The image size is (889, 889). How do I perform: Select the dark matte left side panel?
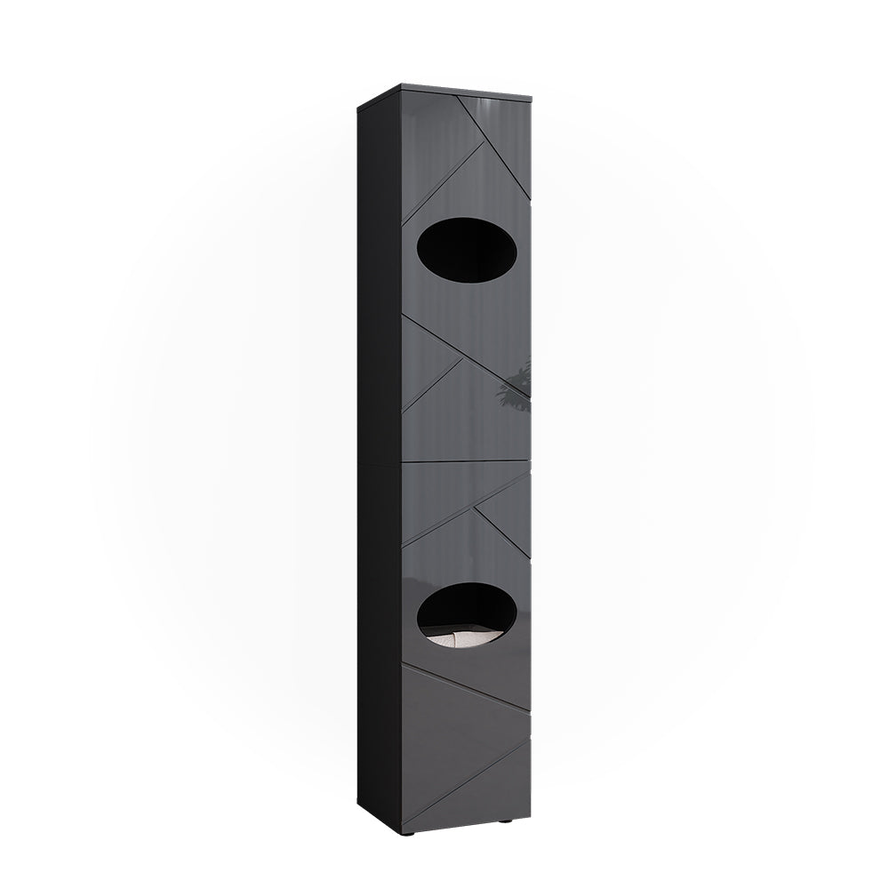pyautogui.click(x=380, y=462)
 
